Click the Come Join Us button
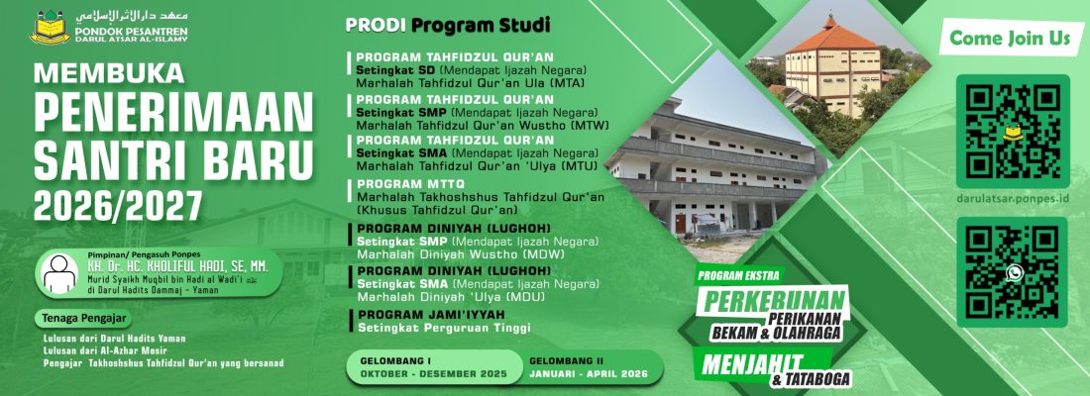pyautogui.click(x=1010, y=40)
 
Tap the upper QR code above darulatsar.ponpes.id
pyautogui.click(x=1013, y=131)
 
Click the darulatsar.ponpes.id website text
pyautogui.click(x=1013, y=197)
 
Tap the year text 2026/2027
pyautogui.click(x=117, y=205)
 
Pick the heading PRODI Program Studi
pyautogui.click(x=447, y=24)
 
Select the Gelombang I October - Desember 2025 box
pyautogui.click(x=434, y=368)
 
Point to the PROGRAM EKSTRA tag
pyautogui.click(x=738, y=274)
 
